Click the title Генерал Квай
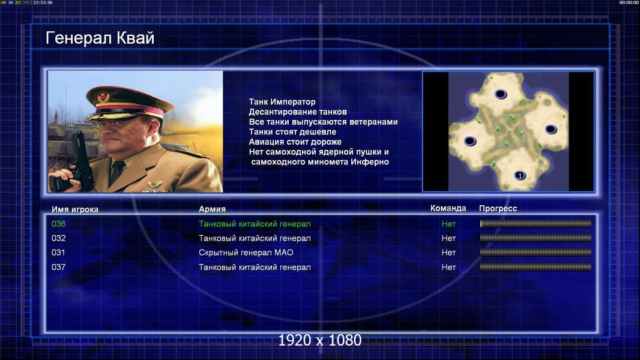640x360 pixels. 100,38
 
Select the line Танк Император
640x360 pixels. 282,102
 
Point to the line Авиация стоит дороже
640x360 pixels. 295,142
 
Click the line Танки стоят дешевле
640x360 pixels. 292,131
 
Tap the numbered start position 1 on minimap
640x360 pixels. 519,175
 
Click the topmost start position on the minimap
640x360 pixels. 501,94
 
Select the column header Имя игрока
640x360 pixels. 74,209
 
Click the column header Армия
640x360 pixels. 213,209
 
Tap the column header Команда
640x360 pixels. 448,208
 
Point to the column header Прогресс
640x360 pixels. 498,209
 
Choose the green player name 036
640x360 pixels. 58,224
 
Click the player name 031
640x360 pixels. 58,253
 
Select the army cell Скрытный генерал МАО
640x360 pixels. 246,253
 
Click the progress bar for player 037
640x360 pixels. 536,267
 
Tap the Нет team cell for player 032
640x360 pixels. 448,238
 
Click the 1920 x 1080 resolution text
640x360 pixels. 320,340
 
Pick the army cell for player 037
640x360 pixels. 255,268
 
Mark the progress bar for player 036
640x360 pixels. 536,223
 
